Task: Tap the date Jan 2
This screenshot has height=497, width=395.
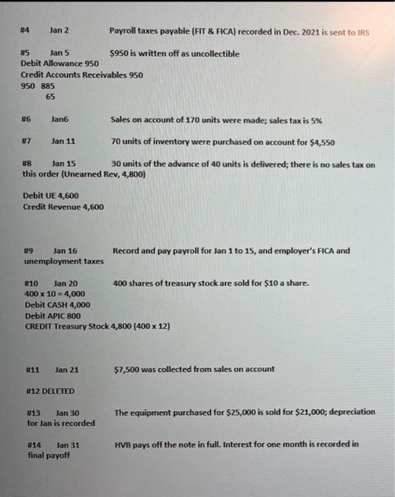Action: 58,31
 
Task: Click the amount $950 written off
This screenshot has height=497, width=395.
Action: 120,53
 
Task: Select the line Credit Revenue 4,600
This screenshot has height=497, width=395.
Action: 64,207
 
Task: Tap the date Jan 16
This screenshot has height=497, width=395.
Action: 65,251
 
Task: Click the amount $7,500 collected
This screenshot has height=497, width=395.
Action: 126,369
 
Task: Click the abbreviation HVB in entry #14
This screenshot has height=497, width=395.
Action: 122,444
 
